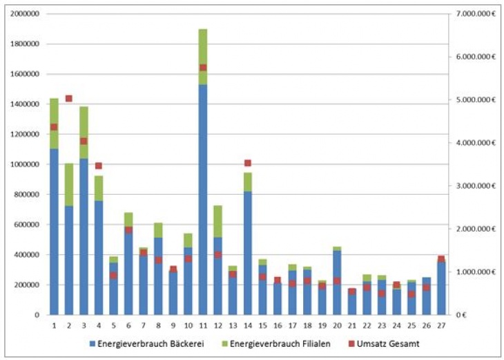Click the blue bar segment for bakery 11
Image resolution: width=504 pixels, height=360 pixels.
tap(203, 200)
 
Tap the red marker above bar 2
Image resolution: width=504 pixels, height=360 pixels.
tap(68, 99)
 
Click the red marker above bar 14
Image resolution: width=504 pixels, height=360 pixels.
tap(248, 164)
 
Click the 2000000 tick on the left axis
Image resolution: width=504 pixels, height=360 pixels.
tap(23, 14)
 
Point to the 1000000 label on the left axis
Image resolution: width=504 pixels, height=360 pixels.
tap(23, 164)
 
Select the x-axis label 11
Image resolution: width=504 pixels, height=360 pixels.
tap(203, 325)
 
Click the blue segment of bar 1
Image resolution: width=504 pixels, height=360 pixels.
tap(54, 231)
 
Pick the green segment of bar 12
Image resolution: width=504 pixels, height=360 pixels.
tap(217, 221)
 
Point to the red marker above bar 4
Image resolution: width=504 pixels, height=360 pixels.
tap(99, 166)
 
